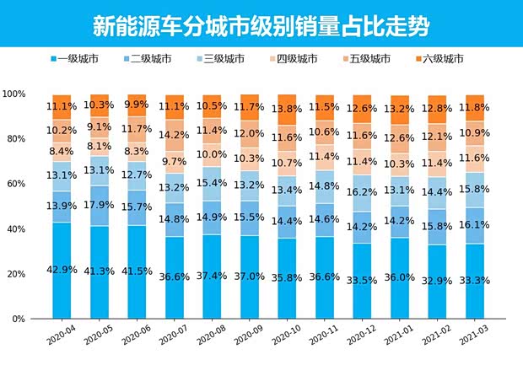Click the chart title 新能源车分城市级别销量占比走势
(x=261, y=26)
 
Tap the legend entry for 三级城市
(x=222, y=59)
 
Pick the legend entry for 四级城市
(x=293, y=59)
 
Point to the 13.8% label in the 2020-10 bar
(x=288, y=110)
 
